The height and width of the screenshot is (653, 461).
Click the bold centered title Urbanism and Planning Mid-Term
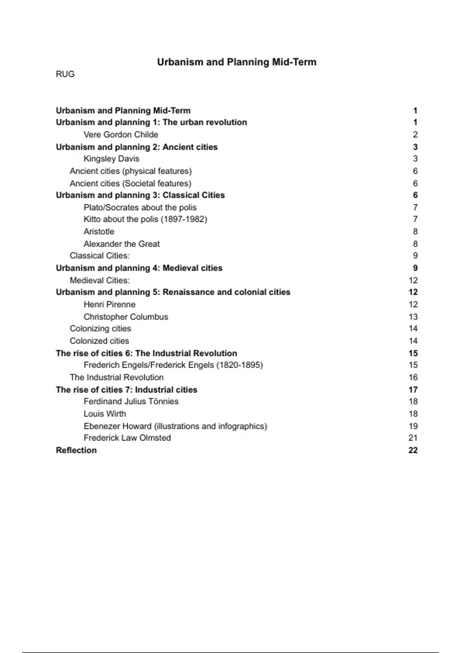coord(237,62)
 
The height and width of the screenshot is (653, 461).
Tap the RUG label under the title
coord(65,74)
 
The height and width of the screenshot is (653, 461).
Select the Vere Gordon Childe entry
coord(121,134)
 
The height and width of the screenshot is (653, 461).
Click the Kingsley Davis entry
coord(111,159)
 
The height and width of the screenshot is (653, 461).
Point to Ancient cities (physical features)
coord(131,171)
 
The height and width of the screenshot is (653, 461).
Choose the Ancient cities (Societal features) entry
coord(130,183)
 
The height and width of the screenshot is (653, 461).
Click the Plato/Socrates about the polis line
coord(140,207)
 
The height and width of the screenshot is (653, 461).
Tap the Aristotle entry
coord(99,232)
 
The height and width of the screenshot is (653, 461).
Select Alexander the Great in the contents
coord(121,244)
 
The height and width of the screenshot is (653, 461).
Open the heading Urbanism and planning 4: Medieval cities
coord(139,268)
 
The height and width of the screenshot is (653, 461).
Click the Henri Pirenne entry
coord(109,305)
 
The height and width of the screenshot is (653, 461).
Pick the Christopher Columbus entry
coord(126,317)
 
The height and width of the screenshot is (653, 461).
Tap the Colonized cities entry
coord(99,341)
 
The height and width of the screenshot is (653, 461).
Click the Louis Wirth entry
coord(104,414)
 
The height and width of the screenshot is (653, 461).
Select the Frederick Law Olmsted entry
coord(127,438)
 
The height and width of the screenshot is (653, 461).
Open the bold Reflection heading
coord(76,450)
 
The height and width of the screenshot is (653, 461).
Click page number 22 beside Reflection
coord(413,450)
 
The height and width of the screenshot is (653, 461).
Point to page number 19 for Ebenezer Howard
coord(413,426)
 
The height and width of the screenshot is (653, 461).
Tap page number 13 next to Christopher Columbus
coord(413,317)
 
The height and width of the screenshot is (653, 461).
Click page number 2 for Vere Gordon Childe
coord(415,134)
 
